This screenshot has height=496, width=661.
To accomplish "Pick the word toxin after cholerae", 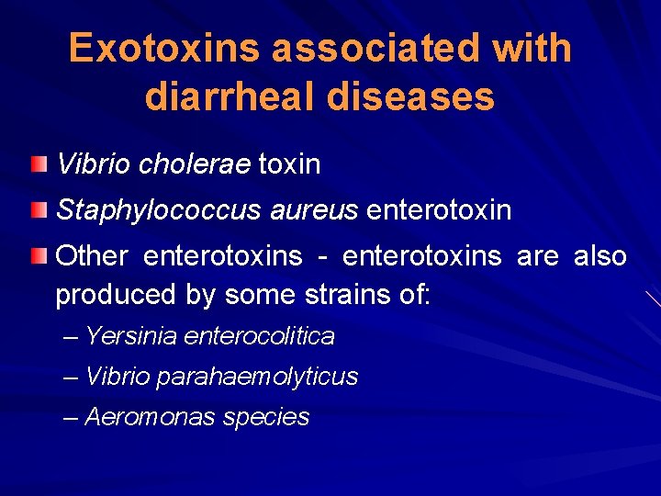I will pos(289,164).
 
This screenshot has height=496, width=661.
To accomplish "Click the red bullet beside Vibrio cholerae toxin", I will pos(37,165).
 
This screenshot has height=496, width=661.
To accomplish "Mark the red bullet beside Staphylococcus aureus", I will pos(37,211).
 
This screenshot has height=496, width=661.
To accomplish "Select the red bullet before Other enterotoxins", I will pos(37,255).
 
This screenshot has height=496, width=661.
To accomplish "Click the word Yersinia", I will pos(130,337).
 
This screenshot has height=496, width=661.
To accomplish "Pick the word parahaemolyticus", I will pos(257,377).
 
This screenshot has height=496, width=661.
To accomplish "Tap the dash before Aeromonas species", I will pos(72,417).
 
